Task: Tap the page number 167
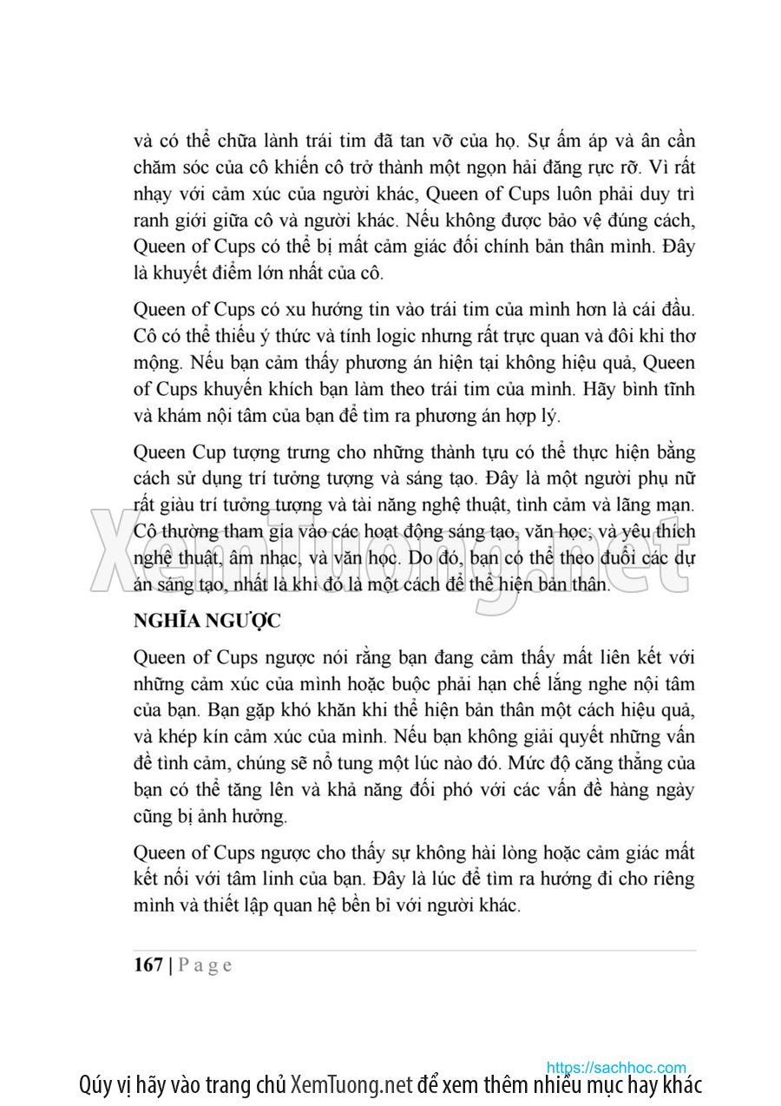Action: (x=148, y=964)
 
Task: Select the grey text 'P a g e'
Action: (x=205, y=965)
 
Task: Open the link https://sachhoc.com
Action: (x=616, y=1067)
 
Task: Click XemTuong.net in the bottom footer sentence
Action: (x=350, y=1085)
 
